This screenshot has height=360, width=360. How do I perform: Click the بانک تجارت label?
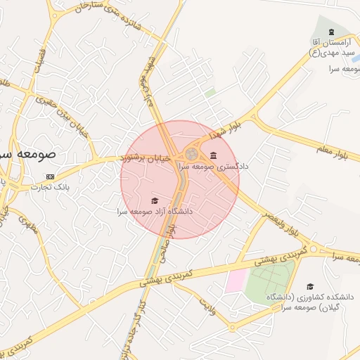pos(50,187)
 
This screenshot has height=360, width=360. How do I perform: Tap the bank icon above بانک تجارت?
pos(50,176)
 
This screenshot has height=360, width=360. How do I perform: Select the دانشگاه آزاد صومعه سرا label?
pos(155,210)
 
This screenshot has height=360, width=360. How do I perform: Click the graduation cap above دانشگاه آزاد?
pos(155,201)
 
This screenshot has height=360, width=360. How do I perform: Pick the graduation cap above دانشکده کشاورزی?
pos(310,287)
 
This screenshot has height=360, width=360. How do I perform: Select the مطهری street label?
pos(28,225)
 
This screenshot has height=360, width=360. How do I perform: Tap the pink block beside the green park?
pos(236,281)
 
